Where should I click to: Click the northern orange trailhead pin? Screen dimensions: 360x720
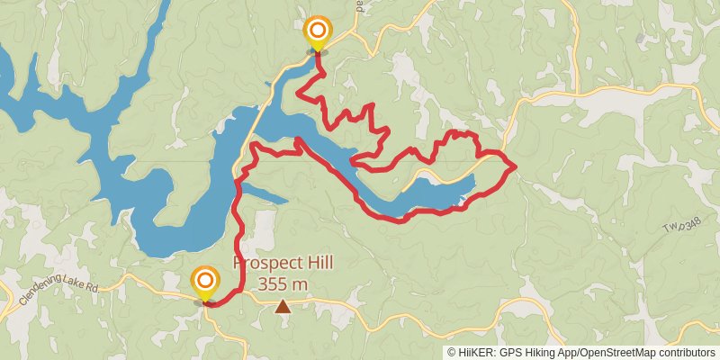(317, 33)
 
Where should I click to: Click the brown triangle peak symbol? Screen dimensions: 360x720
(283, 307)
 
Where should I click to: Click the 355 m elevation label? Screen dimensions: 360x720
(283, 283)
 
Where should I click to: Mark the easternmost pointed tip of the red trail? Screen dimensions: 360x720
(515, 166)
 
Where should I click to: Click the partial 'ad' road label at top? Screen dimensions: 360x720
(360, 4)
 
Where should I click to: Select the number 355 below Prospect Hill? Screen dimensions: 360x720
(271, 283)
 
